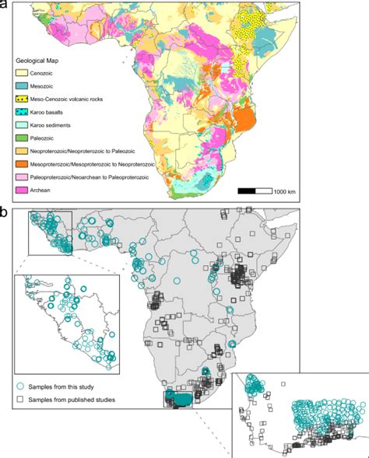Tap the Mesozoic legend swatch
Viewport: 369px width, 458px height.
pyautogui.click(x=24, y=87)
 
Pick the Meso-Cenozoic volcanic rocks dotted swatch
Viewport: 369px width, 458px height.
pyautogui.click(x=24, y=100)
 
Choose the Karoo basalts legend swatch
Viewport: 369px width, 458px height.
pyautogui.click(x=24, y=114)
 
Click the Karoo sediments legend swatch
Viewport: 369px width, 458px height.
pyautogui.click(x=24, y=126)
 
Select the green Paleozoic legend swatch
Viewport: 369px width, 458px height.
pyautogui.click(x=24, y=139)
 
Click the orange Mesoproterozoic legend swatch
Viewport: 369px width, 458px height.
pyautogui.click(x=24, y=165)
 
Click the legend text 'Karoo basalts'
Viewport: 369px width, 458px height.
pyautogui.click(x=59, y=114)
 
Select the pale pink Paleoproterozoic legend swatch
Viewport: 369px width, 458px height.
pyautogui.click(x=24, y=178)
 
